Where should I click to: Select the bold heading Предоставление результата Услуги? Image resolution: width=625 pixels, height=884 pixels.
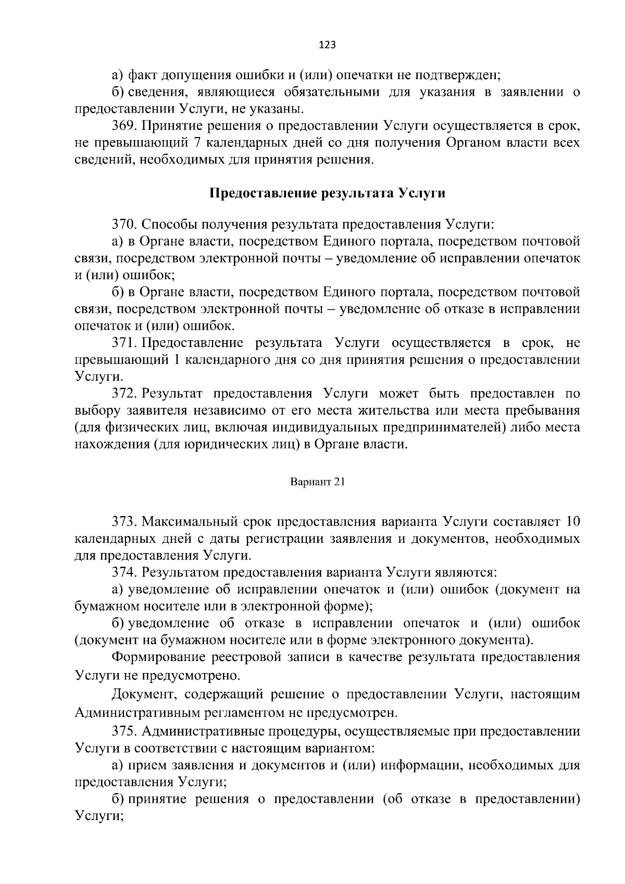click(327, 193)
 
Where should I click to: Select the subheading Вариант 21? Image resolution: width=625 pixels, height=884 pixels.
click(318, 482)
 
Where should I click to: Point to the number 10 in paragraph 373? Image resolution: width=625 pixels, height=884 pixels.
click(572, 521)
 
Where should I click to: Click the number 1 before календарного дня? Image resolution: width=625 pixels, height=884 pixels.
click(176, 359)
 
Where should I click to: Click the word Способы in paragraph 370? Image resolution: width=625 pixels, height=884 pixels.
click(165, 225)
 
